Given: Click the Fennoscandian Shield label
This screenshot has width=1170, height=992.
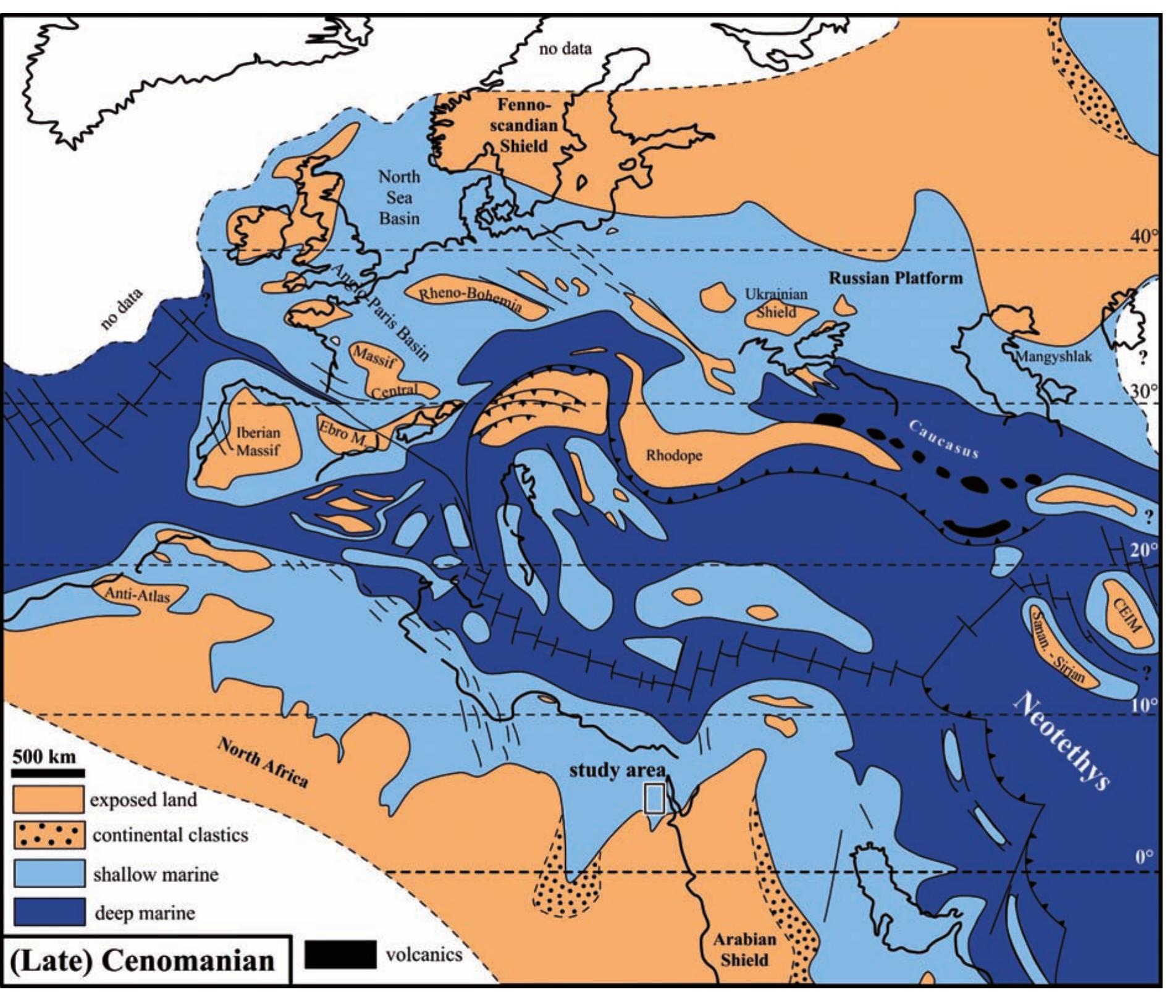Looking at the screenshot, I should (x=523, y=125).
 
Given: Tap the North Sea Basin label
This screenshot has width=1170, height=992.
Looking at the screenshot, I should (x=399, y=198).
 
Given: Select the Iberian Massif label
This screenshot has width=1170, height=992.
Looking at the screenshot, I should (x=258, y=441).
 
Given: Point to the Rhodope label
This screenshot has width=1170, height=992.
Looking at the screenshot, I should (x=674, y=456).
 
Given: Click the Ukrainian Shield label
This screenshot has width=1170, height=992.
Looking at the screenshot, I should (x=776, y=303).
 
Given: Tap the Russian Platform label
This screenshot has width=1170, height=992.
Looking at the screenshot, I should (x=895, y=279).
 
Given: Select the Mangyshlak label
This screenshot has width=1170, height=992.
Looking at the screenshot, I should (x=1054, y=356).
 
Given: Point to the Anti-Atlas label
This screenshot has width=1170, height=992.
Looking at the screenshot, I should (x=137, y=595).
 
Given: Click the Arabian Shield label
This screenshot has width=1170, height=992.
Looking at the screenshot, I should (x=744, y=949).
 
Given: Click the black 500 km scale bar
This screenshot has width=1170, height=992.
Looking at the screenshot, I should (x=48, y=772).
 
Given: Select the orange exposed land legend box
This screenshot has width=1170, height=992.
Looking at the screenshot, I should (x=48, y=799).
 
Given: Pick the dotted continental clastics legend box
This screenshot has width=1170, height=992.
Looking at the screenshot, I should (x=48, y=835).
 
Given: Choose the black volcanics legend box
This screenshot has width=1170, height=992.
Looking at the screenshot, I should (x=340, y=954).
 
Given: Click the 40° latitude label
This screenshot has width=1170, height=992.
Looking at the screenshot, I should (x=1144, y=237).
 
